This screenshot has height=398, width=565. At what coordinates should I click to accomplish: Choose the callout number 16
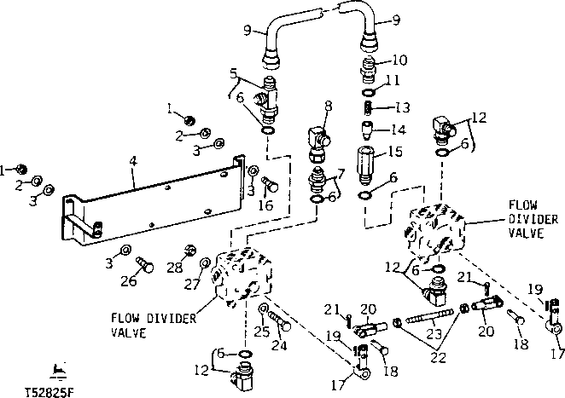pyautogui.click(x=267, y=205)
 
